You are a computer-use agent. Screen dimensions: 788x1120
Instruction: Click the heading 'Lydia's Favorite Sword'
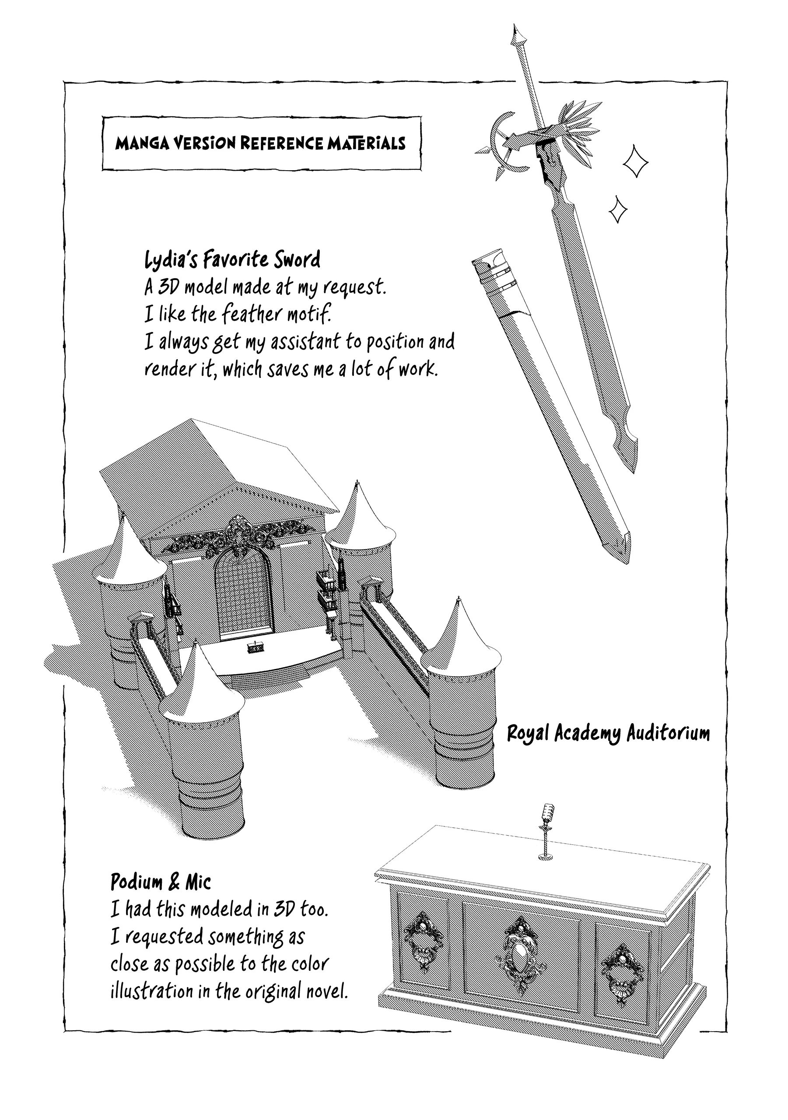click(233, 259)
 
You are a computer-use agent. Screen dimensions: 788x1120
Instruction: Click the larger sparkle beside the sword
click(636, 161)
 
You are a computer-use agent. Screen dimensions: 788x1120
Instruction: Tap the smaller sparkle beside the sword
click(618, 210)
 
